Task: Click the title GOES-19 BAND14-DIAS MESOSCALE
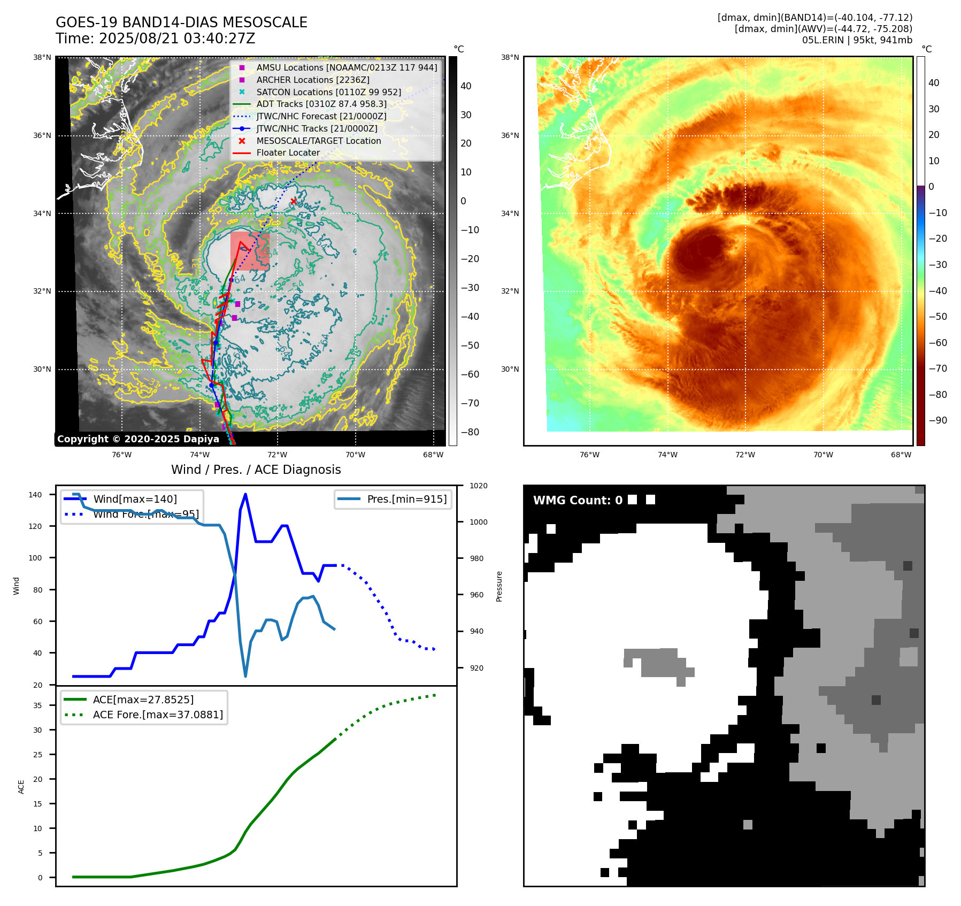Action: point(181,22)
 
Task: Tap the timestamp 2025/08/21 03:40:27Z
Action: point(177,39)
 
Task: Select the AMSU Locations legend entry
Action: point(346,67)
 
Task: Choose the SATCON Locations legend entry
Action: point(328,92)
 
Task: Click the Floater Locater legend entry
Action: point(288,153)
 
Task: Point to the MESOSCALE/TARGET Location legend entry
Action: point(318,141)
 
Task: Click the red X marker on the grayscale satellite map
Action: point(294,201)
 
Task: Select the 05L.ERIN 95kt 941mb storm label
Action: point(857,40)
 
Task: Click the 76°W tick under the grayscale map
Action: point(121,455)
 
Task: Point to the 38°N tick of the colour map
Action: point(510,57)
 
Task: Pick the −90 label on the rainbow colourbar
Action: point(937,420)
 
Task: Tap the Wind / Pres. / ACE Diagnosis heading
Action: point(256,470)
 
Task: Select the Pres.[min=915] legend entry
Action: point(406,499)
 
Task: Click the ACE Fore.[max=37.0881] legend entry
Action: point(158,715)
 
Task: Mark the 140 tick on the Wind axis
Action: point(35,495)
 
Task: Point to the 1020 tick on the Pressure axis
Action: point(478,486)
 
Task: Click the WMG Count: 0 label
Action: point(578,501)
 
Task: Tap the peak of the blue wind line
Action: point(245,494)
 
